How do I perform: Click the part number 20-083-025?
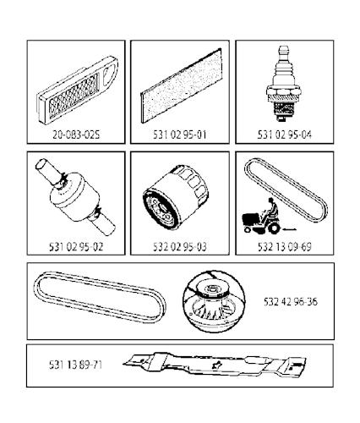(76, 134)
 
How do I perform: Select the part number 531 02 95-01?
(179, 134)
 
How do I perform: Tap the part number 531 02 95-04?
(283, 134)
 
